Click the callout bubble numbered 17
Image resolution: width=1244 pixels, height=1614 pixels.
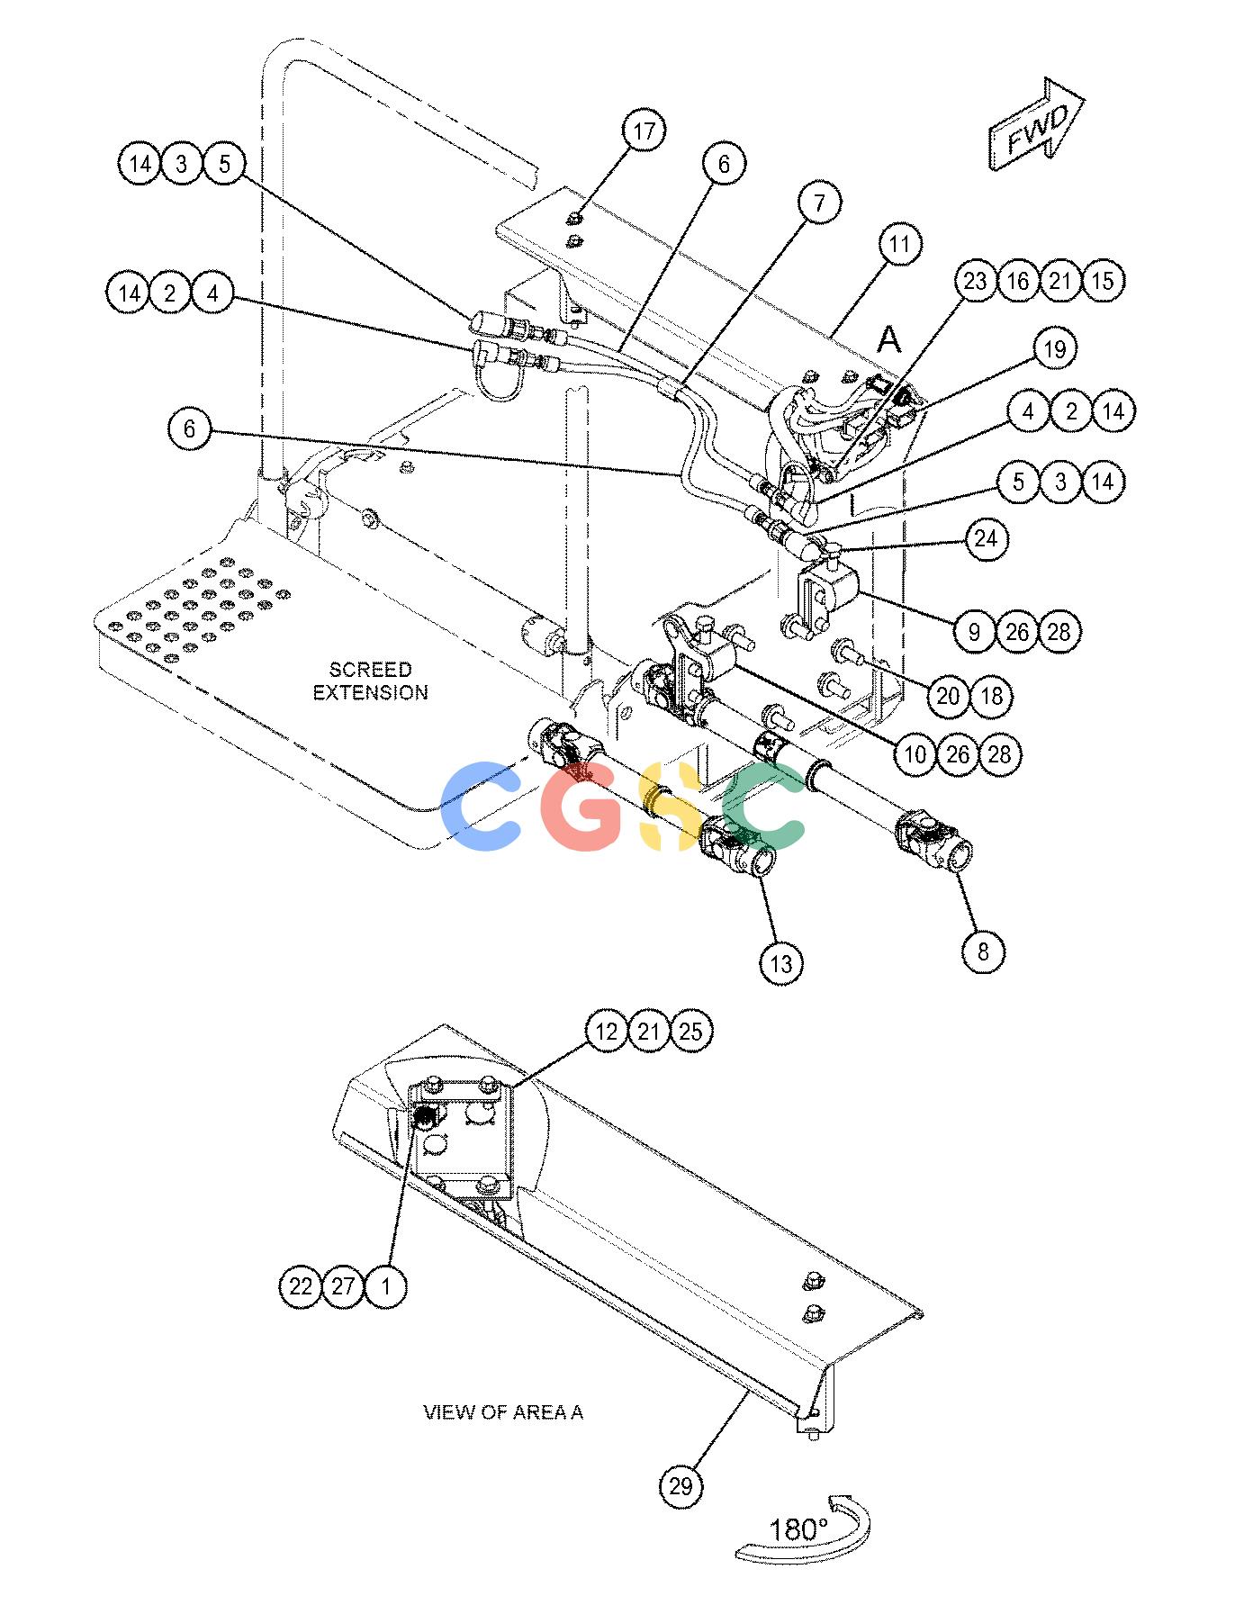(645, 131)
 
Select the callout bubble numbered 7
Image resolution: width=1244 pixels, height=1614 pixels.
(819, 203)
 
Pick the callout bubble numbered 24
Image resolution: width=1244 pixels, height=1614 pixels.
(987, 539)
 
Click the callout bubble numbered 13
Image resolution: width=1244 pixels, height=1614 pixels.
(781, 963)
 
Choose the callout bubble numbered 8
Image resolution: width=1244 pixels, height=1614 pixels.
(983, 951)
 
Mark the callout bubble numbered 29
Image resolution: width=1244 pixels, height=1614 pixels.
(681, 1485)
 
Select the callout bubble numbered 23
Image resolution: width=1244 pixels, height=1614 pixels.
(976, 281)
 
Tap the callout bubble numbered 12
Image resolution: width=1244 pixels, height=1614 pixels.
(608, 1032)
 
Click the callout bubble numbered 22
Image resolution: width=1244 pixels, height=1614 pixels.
(301, 1285)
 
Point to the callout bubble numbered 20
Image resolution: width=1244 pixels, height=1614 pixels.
(949, 696)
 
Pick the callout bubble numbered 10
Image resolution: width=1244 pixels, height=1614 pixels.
(915, 753)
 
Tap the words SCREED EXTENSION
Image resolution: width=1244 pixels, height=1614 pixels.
(370, 681)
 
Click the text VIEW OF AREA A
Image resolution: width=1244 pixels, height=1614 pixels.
(503, 1411)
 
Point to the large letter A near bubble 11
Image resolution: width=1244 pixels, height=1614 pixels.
(888, 339)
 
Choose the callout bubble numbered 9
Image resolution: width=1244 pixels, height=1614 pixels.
(974, 631)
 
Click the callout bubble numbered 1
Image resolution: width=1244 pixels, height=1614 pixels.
(386, 1285)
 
